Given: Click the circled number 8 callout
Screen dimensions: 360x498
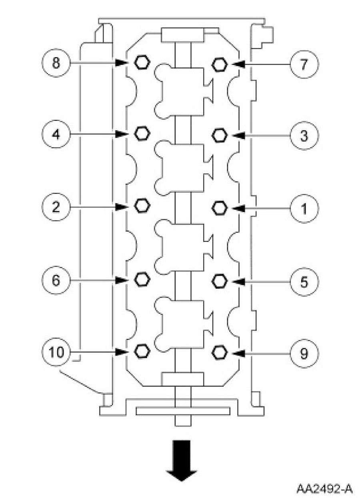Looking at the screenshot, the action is tap(56, 63).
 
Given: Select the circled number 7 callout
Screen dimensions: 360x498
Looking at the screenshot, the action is tap(304, 64).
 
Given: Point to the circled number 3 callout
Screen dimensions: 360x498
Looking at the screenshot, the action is tap(304, 136).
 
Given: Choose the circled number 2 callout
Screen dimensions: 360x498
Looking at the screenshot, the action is tap(56, 207).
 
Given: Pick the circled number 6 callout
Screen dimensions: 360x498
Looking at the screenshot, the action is tap(56, 280).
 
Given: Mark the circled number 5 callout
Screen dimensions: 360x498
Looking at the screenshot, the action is tap(304, 282).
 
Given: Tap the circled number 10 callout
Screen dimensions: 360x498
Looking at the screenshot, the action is tap(56, 352).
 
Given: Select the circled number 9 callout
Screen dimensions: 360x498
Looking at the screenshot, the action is tap(304, 353).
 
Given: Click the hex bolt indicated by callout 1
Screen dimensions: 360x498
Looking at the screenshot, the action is tap(219, 207).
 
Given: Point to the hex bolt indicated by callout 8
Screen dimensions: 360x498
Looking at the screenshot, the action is tap(141, 62).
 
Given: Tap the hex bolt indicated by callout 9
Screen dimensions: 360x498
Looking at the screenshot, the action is tap(219, 352).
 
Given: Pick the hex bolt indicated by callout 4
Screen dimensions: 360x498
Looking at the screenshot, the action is tap(141, 134).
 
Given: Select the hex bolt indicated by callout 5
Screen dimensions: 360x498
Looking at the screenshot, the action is tap(219, 281).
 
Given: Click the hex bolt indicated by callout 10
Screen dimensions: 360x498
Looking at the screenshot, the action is tap(141, 351).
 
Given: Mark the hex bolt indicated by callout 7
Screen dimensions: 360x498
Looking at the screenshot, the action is tap(219, 64).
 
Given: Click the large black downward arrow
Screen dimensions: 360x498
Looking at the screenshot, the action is tap(182, 460).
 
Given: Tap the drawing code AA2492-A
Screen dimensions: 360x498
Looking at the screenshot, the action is tap(324, 488).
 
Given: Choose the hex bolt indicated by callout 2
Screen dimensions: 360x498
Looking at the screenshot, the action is tap(141, 206).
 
